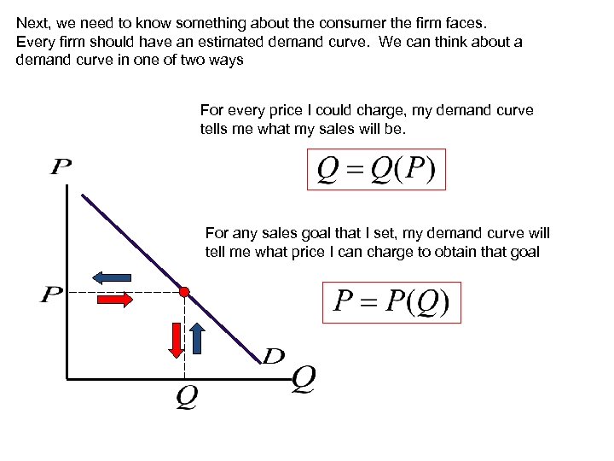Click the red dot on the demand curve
[183, 291]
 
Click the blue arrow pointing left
[111, 277]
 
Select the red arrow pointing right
[114, 300]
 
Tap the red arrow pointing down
[176, 339]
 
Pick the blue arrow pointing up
[196, 337]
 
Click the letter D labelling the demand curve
[273, 356]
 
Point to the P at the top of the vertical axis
[61, 166]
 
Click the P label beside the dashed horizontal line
[52, 295]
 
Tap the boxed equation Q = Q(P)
[375, 170]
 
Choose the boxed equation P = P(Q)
[391, 302]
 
